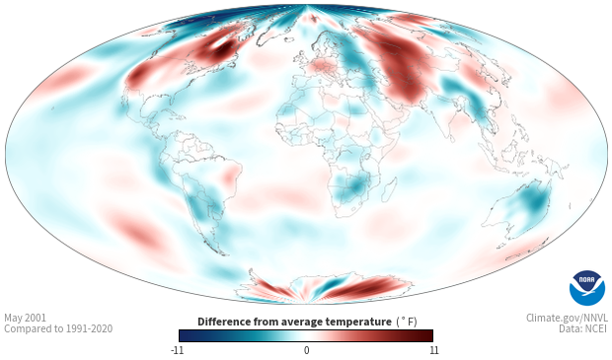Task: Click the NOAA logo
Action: click(587, 287)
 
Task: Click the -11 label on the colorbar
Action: click(178, 350)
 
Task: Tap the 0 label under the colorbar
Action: click(306, 350)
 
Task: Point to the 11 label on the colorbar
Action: click(433, 350)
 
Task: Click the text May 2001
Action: click(25, 318)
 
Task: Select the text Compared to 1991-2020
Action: click(58, 328)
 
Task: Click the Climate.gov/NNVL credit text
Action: click(567, 318)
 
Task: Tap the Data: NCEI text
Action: click(583, 328)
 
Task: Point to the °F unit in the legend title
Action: click(407, 322)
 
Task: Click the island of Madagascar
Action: click(390, 187)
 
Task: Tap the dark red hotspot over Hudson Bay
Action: click(220, 50)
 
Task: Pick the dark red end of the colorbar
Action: click(424, 335)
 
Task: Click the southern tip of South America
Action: click(223, 254)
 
